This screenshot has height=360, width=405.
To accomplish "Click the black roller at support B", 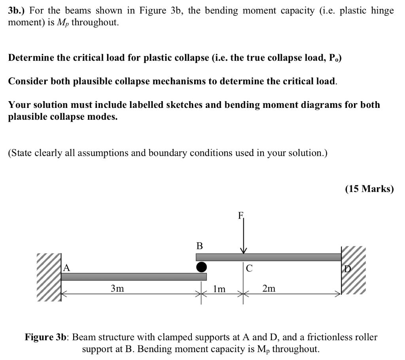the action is tap(201, 267).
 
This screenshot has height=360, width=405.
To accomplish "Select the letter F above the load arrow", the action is tap(240, 216).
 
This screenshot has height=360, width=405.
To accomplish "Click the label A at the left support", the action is tap(67, 268).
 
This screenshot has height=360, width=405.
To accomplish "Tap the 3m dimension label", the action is tap(117, 289).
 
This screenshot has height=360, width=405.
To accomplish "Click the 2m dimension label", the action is tap(269, 289).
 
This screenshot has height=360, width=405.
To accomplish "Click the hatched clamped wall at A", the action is tap(49, 277).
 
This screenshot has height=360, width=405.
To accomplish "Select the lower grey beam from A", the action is tap(134, 277).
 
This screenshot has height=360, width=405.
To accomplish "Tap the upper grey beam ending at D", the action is tap(269, 257).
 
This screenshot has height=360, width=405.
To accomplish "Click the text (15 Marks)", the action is tap(369, 189).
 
